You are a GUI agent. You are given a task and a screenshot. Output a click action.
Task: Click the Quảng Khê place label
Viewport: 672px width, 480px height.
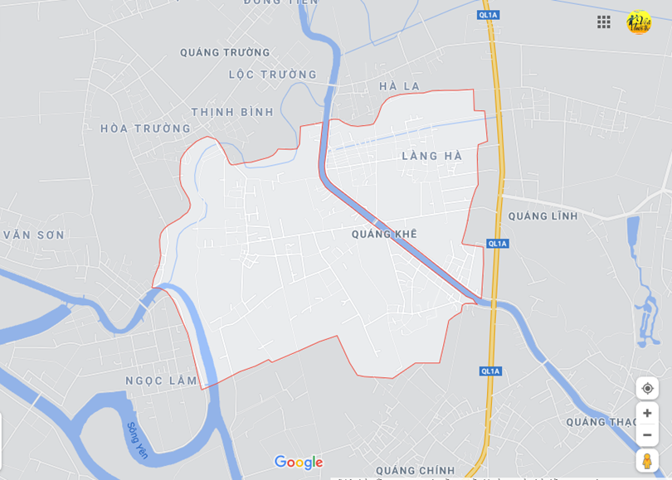point(384,234)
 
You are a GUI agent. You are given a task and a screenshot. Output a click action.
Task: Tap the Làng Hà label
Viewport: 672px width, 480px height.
point(431,156)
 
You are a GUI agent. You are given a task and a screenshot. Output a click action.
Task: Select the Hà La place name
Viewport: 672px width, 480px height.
point(399,86)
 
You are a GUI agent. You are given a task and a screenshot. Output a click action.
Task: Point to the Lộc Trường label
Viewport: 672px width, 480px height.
point(273,75)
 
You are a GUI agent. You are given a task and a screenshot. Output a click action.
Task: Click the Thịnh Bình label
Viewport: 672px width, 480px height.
point(232,112)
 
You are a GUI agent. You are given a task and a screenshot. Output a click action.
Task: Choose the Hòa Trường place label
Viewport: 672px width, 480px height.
point(145,128)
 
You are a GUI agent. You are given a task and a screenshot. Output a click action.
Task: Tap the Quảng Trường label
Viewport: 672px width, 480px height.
point(225,52)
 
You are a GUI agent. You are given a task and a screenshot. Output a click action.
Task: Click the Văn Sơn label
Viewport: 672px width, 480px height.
point(33,235)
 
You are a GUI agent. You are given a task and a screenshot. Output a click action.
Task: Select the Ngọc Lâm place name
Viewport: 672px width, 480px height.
point(161,381)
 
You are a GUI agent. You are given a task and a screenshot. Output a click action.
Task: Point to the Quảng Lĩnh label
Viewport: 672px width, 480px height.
point(543,216)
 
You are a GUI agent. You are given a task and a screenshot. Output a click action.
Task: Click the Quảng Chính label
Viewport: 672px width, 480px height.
point(415,470)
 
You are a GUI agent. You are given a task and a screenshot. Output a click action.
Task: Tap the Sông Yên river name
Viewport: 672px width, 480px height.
point(138,440)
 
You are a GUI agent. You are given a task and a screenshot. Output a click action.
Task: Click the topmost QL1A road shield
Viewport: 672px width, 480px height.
point(489,15)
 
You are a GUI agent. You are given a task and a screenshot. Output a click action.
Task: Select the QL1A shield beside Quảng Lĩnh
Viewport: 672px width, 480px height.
point(497,244)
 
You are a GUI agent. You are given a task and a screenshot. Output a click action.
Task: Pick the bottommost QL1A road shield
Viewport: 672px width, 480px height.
point(490,371)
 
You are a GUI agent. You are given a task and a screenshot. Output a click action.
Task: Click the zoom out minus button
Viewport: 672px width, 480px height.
point(647,435)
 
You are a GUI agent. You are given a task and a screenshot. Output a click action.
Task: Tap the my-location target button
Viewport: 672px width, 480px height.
point(647,388)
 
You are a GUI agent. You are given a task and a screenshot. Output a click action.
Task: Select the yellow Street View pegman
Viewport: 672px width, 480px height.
point(647,461)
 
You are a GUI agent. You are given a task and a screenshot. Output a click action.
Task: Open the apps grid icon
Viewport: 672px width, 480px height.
point(604,22)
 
